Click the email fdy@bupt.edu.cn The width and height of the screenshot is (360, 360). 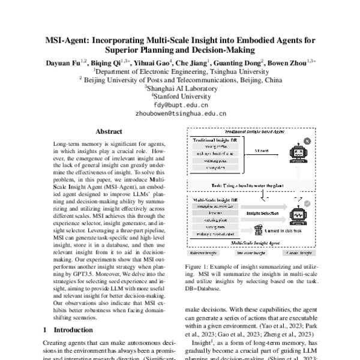pos(180,103)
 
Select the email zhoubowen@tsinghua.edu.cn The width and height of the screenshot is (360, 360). pos(180,112)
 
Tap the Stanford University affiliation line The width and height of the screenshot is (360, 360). pos(180,95)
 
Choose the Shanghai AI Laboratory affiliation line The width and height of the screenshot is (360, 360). pos(180,86)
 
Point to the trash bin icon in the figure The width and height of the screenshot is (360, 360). pos(259,229)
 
